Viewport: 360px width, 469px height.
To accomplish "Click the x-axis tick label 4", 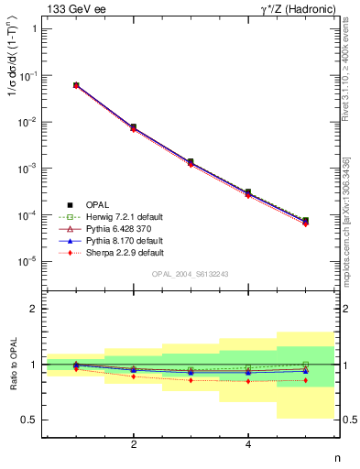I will pyautogui.click(x=248, y=444).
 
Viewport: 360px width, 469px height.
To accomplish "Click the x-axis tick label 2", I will pyautogui.click(x=134, y=444).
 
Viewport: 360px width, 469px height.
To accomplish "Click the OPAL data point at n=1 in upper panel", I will pyautogui.click(x=76, y=85).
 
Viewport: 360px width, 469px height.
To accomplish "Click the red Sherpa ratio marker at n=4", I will pyautogui.click(x=248, y=381).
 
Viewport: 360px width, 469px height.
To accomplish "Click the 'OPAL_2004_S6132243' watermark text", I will pyautogui.click(x=191, y=274).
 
